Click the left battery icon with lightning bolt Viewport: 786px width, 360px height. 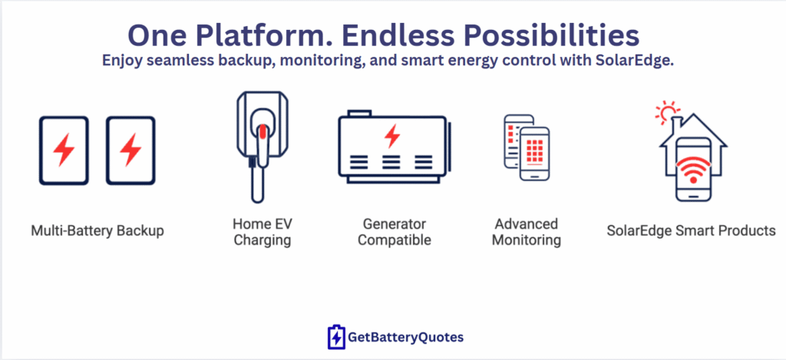pos(64,150)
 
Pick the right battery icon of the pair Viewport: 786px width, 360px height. pos(130,150)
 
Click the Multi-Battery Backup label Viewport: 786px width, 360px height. pos(97,231)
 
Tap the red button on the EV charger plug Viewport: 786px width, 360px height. pos(263,132)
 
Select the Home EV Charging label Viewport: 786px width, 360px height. pos(263,231)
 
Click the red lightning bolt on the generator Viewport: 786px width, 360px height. pos(392,136)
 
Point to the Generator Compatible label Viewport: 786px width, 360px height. pos(395,231)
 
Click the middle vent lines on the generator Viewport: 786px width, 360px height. pos(391,162)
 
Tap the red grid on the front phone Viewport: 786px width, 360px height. pos(534,150)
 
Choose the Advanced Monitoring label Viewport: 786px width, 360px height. pos(527,231)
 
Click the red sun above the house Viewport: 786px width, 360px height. pos(668,112)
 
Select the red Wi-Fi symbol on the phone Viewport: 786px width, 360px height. pos(693,171)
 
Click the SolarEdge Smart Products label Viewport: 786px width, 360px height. pos(692,231)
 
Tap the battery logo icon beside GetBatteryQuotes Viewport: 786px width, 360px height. pos(336,337)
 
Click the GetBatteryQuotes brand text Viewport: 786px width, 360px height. pos(405,338)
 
